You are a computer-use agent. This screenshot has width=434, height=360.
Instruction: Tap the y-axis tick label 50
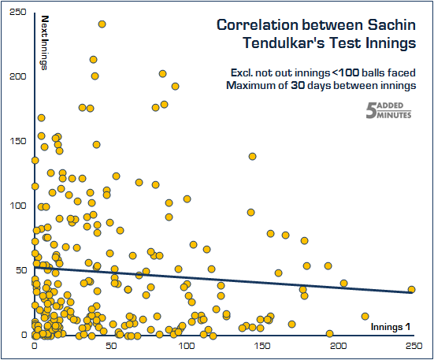[20, 270]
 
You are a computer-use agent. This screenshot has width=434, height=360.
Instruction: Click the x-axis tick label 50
[109, 346]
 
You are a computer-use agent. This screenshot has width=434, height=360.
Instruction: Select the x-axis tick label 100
[186, 346]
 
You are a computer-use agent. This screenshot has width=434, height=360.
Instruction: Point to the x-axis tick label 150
[262, 346]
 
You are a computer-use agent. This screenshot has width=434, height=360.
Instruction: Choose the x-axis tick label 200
[339, 346]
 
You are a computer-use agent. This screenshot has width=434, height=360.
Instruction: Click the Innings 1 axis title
[391, 326]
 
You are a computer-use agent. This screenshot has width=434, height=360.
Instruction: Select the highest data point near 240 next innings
[102, 24]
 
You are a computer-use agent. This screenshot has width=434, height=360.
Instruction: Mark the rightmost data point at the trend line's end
[411, 290]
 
